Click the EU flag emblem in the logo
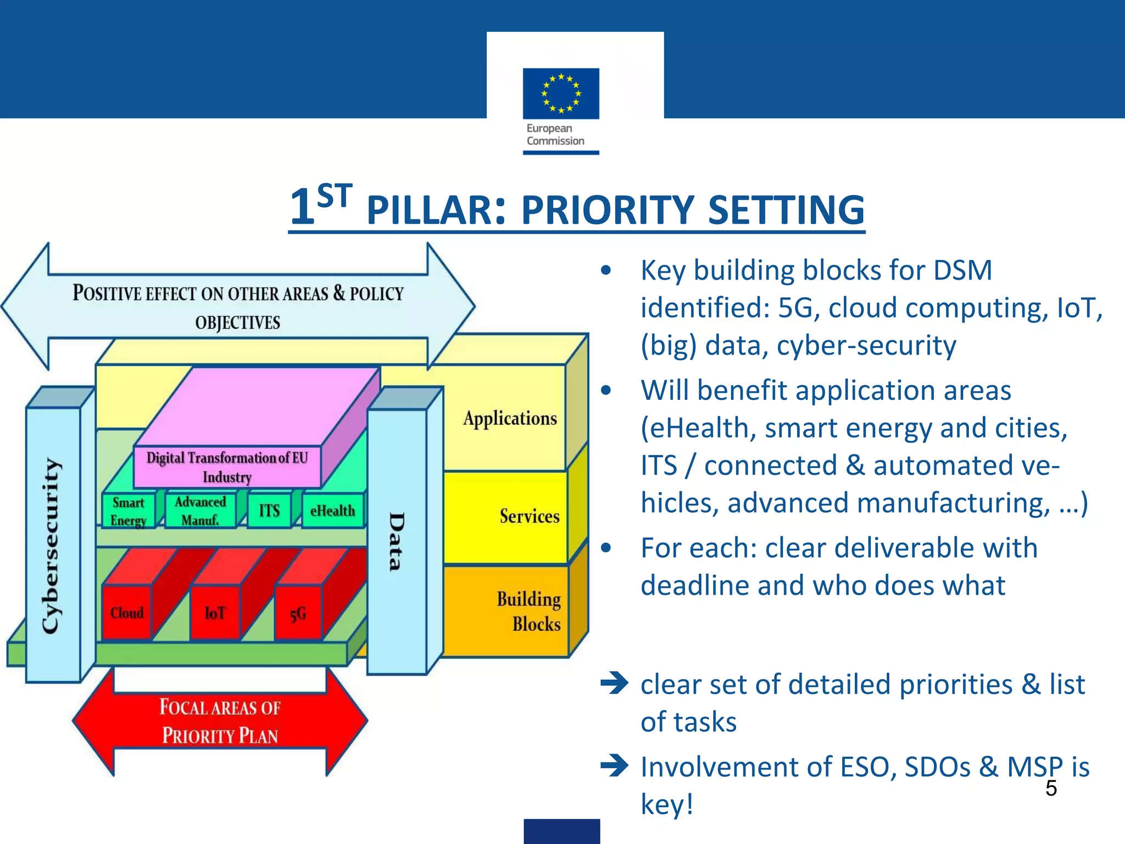click(x=561, y=93)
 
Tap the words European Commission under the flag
click(x=555, y=135)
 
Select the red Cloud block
click(x=127, y=612)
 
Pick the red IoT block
click(x=215, y=612)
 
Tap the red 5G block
click(x=298, y=613)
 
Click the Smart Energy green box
click(x=128, y=511)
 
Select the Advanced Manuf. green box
click(x=200, y=510)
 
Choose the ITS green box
click(x=269, y=510)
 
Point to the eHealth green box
click(x=332, y=510)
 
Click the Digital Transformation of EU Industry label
click(x=227, y=467)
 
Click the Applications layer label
click(x=510, y=418)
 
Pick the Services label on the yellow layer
click(x=529, y=516)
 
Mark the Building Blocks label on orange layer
click(x=529, y=611)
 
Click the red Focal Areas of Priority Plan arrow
click(x=220, y=721)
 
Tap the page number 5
click(x=1051, y=788)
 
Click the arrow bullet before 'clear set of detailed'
click(x=614, y=684)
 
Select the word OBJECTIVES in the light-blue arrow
click(x=237, y=322)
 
